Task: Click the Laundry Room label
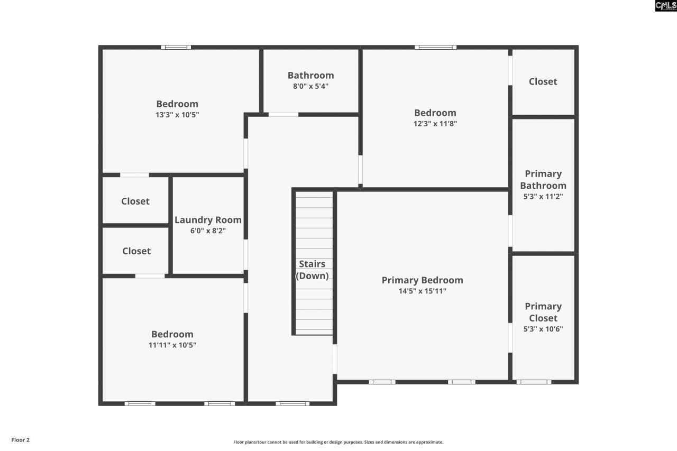pos(208,220)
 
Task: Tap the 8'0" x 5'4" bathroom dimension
pos(310,86)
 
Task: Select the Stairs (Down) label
pos(312,270)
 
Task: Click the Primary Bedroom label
pos(422,280)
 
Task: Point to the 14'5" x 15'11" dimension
pos(422,291)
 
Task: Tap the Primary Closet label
pos(543,312)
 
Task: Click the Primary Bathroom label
pos(543,180)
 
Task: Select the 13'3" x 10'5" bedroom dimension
pos(177,115)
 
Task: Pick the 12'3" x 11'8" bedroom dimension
pos(435,124)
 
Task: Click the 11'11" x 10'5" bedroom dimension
pos(172,345)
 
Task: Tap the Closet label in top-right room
pos(543,81)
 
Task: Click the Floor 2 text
pos(21,440)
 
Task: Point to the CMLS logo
pos(665,6)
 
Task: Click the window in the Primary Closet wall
pos(533,382)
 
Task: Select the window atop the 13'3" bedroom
pos(176,48)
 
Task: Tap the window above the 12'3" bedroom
pos(435,48)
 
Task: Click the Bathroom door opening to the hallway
pos(283,114)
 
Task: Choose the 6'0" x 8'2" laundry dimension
pos(208,231)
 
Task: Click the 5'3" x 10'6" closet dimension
pos(543,329)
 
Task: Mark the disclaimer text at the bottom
pos(338,442)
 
